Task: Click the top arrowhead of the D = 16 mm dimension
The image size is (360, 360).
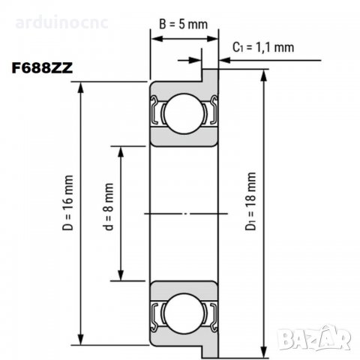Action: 82,85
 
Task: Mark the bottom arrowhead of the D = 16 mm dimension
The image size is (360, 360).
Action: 82,344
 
